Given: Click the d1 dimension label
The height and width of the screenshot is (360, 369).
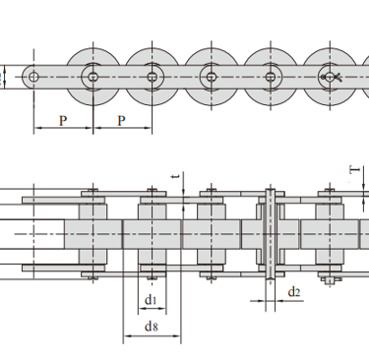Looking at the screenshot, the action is [151, 300].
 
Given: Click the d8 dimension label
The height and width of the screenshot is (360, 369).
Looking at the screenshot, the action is [152, 327].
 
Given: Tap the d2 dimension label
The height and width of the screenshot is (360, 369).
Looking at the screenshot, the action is [294, 292].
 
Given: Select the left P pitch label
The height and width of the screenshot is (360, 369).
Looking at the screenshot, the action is [63, 121].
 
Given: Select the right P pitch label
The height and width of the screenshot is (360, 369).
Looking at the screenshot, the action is [121, 121].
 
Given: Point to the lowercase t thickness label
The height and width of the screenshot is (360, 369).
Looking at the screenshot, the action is [176, 176].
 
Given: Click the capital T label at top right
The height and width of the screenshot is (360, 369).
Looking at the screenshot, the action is [354, 170].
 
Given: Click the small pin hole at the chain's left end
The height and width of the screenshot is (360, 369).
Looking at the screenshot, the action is [33, 78].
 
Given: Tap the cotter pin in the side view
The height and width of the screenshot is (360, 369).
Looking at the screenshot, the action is [332, 78].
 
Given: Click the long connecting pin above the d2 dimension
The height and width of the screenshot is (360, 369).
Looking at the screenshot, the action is [271, 234].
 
